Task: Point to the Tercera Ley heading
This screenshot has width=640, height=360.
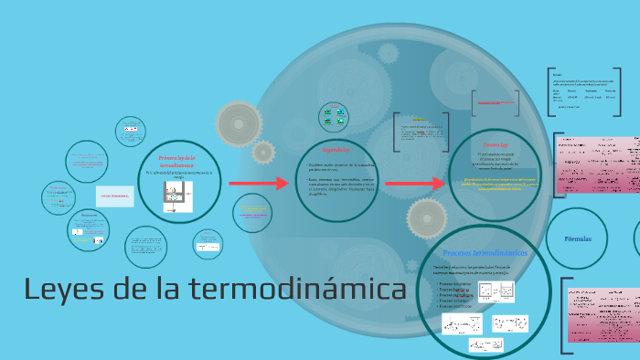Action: coord(495,144)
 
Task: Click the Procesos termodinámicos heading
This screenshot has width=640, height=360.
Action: coord(485,252)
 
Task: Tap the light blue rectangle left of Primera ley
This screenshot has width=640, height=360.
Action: coord(115,196)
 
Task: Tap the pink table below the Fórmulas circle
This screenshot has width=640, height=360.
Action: coord(603,315)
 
